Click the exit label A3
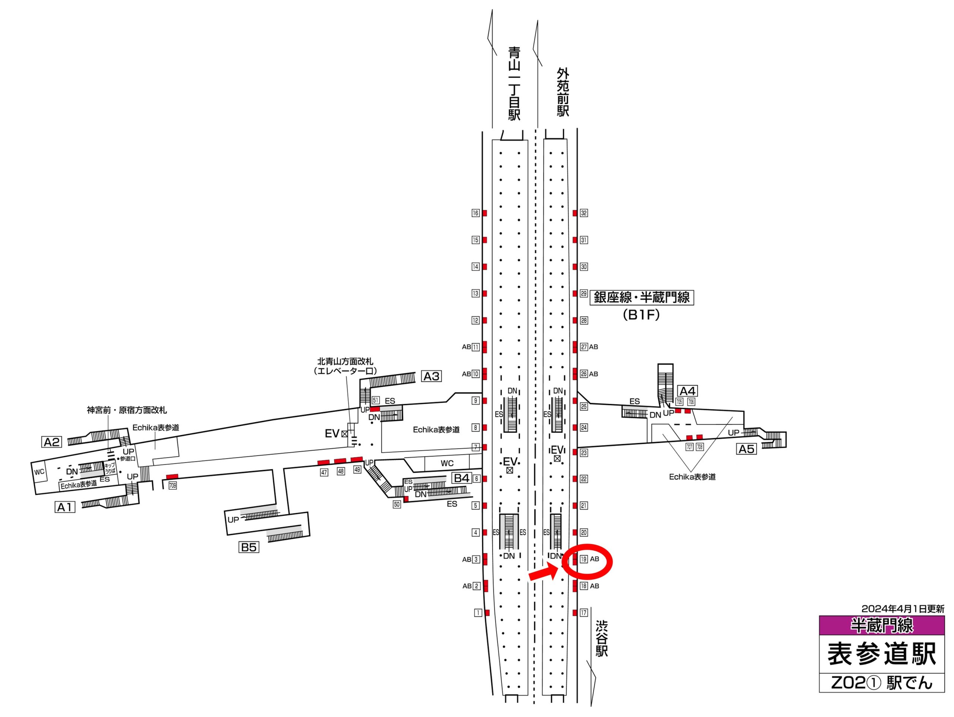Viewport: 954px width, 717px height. pos(431,376)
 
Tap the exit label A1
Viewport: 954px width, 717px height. pos(65,507)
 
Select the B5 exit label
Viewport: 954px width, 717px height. pos(249,547)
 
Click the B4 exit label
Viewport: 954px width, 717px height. pos(461,478)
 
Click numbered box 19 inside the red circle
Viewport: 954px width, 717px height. pos(583,559)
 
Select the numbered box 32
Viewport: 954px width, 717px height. pos(584,213)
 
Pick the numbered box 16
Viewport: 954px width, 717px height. pos(475,213)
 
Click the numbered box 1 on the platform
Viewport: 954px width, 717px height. pos(478,613)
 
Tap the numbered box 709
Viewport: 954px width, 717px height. pos(173,486)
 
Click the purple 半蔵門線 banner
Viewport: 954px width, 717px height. pos(882,625)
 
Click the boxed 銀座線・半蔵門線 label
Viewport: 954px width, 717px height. pos(642,297)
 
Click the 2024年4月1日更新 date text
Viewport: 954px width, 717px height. pos(903,609)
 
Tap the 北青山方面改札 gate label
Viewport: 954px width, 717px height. pos(345,362)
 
